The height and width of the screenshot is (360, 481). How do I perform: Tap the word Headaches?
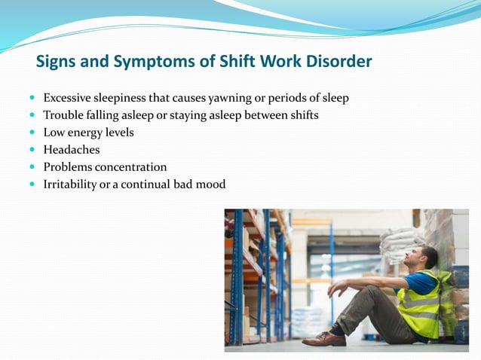coord(72,150)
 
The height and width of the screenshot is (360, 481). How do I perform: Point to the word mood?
coord(210,185)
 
